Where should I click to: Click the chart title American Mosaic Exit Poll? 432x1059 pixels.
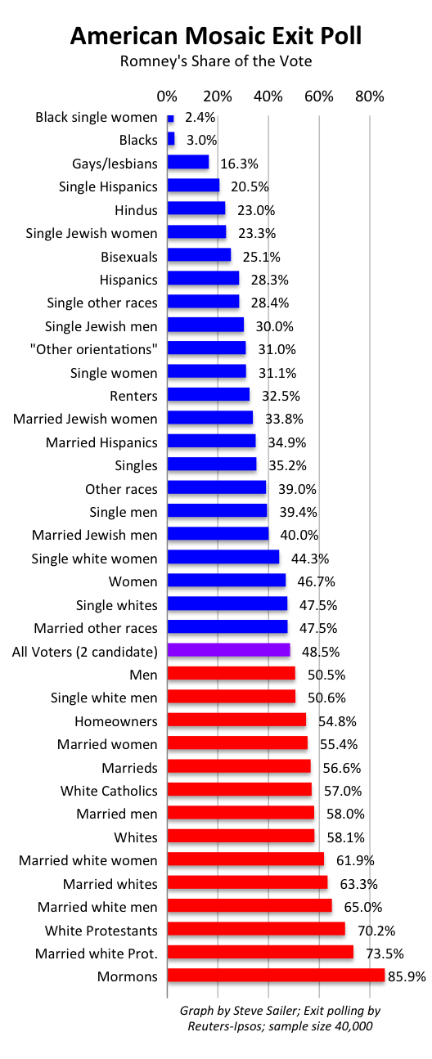point(216,36)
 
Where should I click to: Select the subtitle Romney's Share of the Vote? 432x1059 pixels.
point(216,62)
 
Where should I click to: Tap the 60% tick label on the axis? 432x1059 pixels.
point(318,96)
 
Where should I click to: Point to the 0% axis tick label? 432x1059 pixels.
point(167,96)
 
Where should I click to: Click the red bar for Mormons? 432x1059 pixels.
point(276,976)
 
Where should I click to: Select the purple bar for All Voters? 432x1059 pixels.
point(228,651)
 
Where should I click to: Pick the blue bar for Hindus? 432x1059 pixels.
point(196,209)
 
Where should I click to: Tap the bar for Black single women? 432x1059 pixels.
point(170,118)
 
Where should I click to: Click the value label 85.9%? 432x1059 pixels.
point(407,976)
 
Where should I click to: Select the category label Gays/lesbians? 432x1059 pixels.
point(115,164)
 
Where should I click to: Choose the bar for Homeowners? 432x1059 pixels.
point(236,720)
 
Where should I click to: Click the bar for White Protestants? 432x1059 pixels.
point(256,930)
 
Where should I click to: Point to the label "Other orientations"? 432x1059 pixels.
point(106,349)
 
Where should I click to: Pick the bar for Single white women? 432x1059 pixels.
point(223,559)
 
